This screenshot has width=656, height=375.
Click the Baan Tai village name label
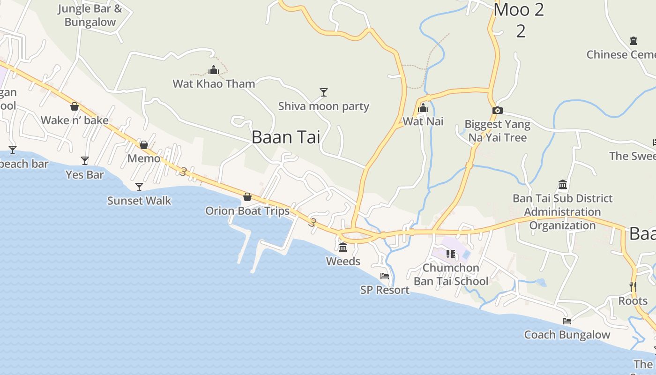click(286, 137)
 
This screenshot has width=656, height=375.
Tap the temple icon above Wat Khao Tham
click(214, 71)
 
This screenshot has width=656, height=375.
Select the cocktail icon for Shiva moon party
click(323, 92)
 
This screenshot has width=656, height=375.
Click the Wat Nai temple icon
click(423, 108)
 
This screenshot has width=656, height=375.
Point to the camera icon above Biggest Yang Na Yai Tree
click(498, 111)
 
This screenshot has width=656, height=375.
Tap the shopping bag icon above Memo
click(144, 145)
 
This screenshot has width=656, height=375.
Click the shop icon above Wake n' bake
click(75, 106)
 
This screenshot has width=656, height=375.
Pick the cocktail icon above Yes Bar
click(85, 161)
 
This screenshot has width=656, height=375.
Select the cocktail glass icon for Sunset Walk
click(139, 187)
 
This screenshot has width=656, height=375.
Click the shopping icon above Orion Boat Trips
click(247, 197)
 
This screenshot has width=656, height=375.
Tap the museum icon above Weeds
click(343, 247)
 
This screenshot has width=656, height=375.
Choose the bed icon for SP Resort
click(385, 276)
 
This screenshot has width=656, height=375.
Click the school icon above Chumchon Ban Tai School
click(451, 254)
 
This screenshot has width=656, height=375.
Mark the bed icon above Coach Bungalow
click(567, 321)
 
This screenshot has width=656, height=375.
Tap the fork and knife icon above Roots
click(633, 286)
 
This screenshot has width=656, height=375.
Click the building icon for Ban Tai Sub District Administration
click(563, 184)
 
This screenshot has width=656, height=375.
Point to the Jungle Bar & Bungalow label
click(90, 15)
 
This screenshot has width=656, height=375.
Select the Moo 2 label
click(519, 10)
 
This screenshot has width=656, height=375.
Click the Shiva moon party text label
click(324, 106)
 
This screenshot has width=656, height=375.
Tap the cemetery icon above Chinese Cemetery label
click(634, 41)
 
